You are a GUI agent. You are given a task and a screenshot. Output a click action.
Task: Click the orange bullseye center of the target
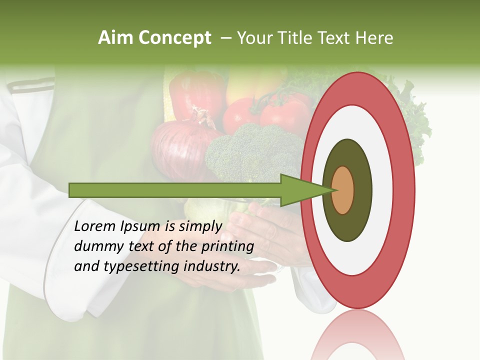pos(343,190)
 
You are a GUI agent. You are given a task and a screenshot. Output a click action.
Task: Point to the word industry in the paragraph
pos(211,266)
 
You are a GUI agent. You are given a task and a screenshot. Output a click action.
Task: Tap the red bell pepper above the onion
pos(195,95)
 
